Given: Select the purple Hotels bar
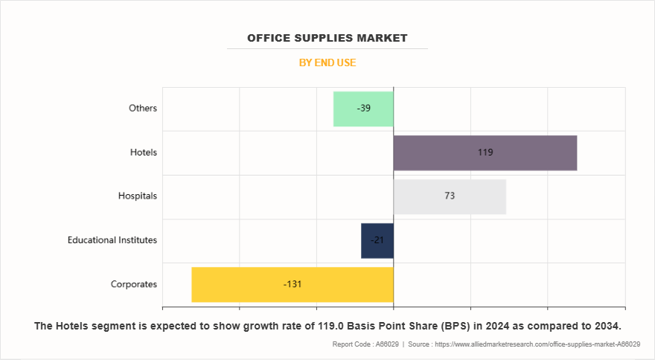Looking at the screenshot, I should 521,152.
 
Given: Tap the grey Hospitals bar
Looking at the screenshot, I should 476,196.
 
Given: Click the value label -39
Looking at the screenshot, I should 364,109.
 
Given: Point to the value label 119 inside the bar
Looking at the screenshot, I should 485,152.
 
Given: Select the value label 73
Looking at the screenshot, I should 450,196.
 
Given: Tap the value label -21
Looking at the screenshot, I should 377,240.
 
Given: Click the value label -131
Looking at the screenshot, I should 293,284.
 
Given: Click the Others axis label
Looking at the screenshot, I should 143,109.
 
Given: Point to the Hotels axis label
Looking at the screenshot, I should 143,152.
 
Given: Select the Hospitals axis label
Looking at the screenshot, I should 138,196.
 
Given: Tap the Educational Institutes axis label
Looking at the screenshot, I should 112,240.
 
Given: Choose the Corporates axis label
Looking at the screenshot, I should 134,284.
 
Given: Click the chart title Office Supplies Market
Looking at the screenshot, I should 327,38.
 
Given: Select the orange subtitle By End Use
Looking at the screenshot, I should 327,62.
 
